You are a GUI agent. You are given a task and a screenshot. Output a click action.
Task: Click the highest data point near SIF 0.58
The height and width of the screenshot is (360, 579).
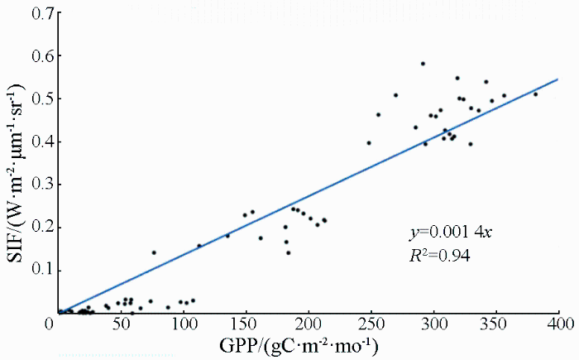click(423, 64)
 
